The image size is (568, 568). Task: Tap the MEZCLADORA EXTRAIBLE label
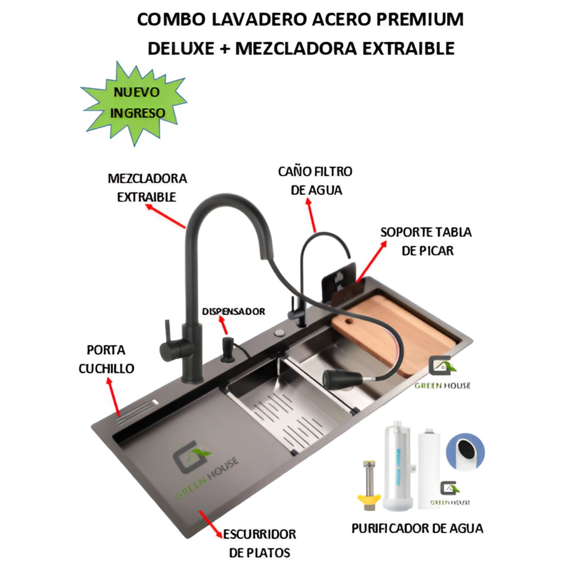(x=147, y=187)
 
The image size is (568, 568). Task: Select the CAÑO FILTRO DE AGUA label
(x=316, y=180)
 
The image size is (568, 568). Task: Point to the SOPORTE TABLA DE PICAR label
(x=426, y=241)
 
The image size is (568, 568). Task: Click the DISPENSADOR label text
(x=233, y=311)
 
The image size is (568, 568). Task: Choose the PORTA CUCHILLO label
(x=106, y=359)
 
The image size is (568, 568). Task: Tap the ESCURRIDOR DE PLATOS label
(x=259, y=543)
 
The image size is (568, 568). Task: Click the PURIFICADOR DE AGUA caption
(x=417, y=528)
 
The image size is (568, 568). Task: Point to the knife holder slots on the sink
(x=137, y=409)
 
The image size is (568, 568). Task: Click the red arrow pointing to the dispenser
(x=223, y=326)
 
